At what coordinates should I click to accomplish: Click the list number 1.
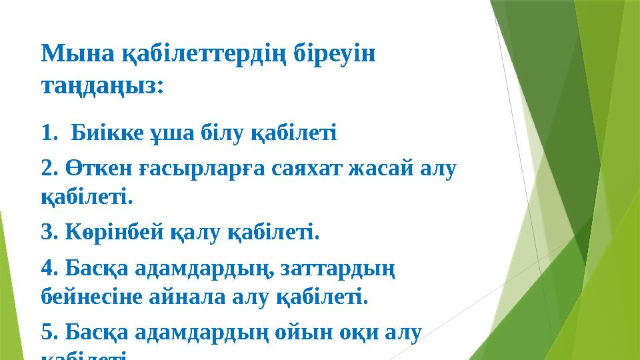(49, 132)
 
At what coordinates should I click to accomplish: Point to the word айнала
(187, 295)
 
